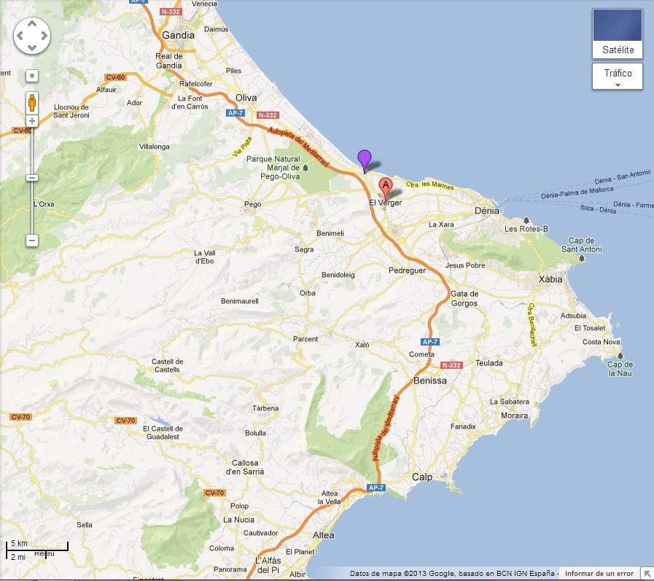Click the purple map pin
tap(364, 158)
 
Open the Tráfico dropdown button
tap(617, 76)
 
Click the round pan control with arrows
tap(31, 34)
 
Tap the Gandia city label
tap(178, 35)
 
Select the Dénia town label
tap(486, 210)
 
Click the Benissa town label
tap(429, 381)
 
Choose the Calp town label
tap(421, 477)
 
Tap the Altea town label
tap(323, 535)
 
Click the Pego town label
tap(253, 204)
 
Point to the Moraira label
tap(515, 416)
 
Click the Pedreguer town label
tap(406, 270)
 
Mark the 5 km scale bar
tap(37, 545)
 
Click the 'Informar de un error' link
tap(599, 574)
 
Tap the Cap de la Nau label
tap(620, 369)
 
